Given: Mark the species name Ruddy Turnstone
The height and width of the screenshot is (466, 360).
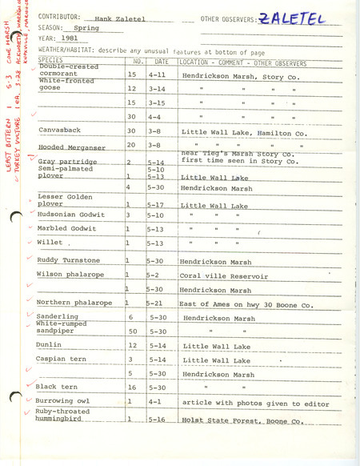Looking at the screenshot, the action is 69,260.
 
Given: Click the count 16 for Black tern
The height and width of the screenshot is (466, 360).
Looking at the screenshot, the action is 133,387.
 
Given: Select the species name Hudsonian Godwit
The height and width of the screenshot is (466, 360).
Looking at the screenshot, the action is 71,215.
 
